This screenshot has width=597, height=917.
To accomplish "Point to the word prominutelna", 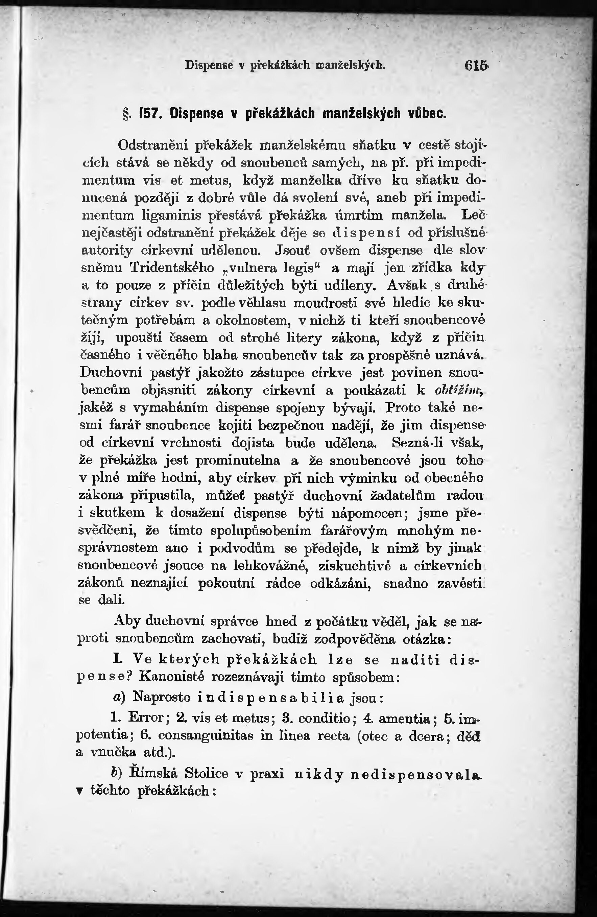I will [238, 461].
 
